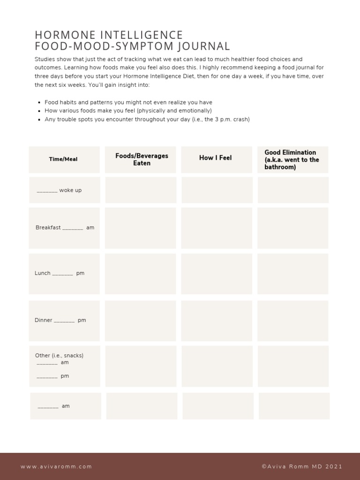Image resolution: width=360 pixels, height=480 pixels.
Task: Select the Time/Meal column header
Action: [64, 159]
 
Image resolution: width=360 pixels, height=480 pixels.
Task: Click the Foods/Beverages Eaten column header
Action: [142, 159]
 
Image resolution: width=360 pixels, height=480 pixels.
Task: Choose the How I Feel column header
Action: [216, 158]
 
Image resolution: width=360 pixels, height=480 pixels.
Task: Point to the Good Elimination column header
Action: [292, 159]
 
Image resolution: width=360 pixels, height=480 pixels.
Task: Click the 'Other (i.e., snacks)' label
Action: [59, 355]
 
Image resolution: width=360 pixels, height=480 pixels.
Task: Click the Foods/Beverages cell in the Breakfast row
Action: [141, 228]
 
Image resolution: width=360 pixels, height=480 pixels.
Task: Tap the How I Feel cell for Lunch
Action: [217, 274]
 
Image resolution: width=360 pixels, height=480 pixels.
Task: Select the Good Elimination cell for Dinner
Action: [293, 321]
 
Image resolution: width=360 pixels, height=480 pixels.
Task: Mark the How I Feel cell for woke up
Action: [217, 190]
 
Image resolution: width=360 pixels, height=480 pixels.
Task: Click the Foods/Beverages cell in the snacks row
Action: [141, 366]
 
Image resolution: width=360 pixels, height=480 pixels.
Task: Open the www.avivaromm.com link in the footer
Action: [56, 467]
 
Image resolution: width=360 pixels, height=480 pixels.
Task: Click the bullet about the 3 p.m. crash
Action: [147, 120]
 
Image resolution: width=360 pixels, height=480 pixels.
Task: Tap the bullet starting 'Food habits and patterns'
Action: [128, 102]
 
